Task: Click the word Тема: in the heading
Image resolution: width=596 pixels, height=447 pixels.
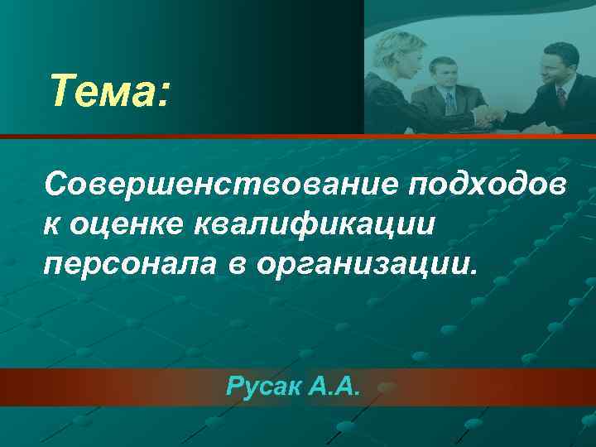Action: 108,91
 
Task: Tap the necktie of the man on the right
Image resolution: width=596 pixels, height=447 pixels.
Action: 561,99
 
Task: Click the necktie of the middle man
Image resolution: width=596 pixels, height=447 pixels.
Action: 449,103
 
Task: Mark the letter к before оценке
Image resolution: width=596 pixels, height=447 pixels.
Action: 53,224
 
